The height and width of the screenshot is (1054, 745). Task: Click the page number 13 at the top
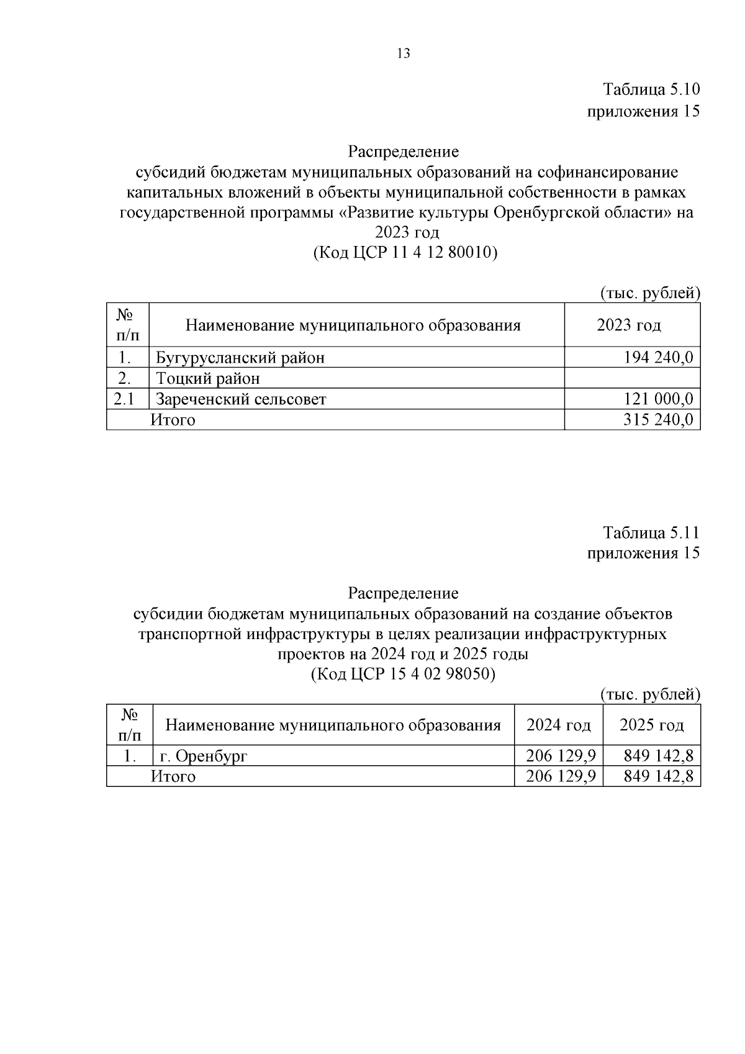[x=403, y=53]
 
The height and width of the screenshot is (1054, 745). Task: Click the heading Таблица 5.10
[x=651, y=89]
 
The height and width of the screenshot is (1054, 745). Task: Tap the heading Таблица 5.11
[x=651, y=532]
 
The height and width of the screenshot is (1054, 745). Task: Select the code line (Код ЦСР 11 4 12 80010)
[x=405, y=253]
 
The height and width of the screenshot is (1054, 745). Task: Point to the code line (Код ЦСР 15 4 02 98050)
[x=403, y=674]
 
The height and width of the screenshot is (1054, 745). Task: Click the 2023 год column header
[x=629, y=325]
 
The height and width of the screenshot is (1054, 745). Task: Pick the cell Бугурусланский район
[x=240, y=358]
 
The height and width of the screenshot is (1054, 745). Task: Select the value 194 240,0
[x=658, y=358]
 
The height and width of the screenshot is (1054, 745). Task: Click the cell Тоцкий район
[x=208, y=378]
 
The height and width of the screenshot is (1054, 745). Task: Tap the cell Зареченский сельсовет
[x=241, y=399]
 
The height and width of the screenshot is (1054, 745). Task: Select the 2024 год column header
[x=559, y=725]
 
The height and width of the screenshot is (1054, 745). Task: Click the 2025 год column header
[x=652, y=725]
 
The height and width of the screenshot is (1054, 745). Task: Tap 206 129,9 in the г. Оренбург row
[x=561, y=756]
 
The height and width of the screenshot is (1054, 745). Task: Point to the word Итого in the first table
[x=173, y=420]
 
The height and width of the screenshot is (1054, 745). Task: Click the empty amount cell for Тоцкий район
[x=632, y=378]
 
